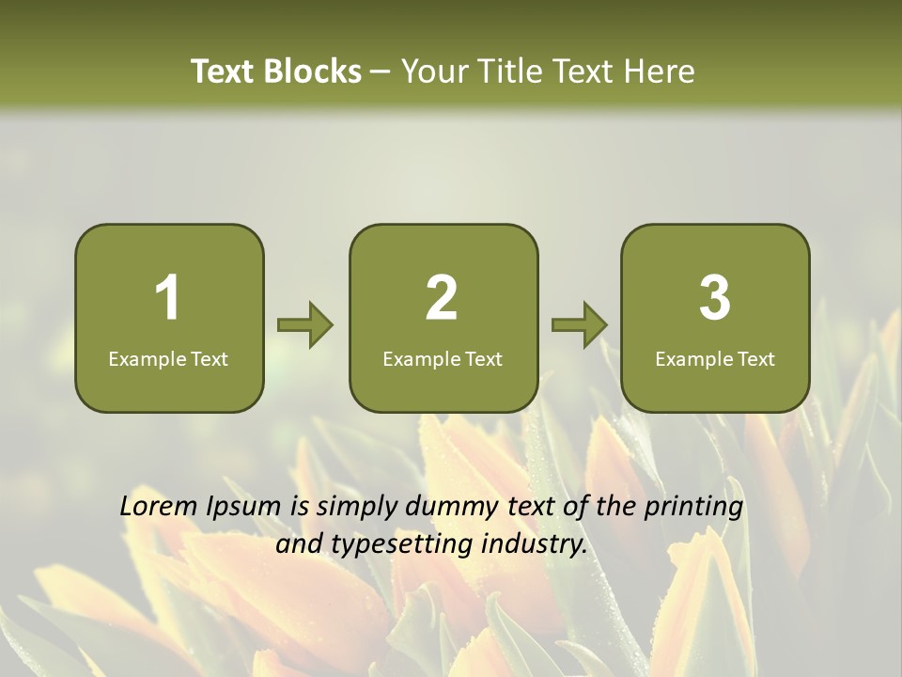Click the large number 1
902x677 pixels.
point(168,298)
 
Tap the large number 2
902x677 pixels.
point(442,298)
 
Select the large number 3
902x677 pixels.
point(715,298)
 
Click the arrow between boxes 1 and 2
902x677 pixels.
point(306,325)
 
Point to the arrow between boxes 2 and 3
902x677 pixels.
point(580,325)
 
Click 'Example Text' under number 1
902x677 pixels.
point(168,358)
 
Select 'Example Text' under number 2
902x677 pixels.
point(443,358)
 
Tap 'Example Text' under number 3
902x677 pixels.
point(715,358)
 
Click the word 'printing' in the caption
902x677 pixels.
point(693,508)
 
